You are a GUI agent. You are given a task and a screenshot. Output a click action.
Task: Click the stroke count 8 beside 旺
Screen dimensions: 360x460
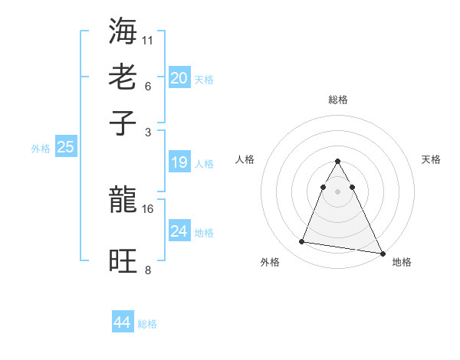148,270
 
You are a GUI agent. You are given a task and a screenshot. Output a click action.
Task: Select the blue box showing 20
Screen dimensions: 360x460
179,78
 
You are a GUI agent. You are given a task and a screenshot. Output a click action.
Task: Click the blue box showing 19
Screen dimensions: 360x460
179,162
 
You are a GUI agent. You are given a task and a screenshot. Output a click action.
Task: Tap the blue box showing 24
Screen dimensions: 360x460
179,231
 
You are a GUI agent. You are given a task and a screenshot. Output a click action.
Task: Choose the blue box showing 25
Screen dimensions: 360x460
65,147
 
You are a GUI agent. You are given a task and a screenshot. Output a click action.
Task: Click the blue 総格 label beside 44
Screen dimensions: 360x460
147,324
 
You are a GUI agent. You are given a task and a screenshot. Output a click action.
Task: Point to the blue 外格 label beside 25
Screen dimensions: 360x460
40,149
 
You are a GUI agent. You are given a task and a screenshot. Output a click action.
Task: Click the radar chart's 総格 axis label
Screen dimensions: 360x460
337,100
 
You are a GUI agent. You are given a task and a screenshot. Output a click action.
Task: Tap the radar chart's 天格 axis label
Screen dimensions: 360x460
431,159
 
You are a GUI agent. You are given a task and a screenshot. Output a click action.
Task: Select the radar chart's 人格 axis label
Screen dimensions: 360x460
245,159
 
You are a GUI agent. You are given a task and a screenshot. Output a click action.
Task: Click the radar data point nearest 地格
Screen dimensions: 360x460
383,254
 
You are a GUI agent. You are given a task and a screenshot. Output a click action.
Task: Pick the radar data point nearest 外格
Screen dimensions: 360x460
302,242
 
